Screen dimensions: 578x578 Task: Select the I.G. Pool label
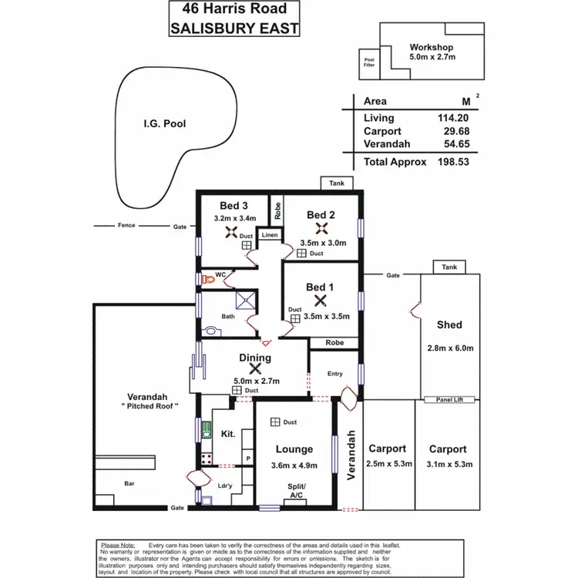point(165,123)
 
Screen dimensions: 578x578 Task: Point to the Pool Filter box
point(369,62)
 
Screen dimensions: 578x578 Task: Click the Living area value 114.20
point(453,118)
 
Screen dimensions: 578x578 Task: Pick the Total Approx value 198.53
point(453,162)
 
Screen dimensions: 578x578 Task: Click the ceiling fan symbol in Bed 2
point(321,228)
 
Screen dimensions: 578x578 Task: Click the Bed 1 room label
point(320,287)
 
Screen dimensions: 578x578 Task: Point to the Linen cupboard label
point(269,234)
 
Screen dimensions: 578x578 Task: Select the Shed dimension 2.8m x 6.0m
point(449,348)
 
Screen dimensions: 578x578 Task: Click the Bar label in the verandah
point(129,483)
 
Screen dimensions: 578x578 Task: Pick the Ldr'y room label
point(226,486)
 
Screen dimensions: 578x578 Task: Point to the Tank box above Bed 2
point(338,183)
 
